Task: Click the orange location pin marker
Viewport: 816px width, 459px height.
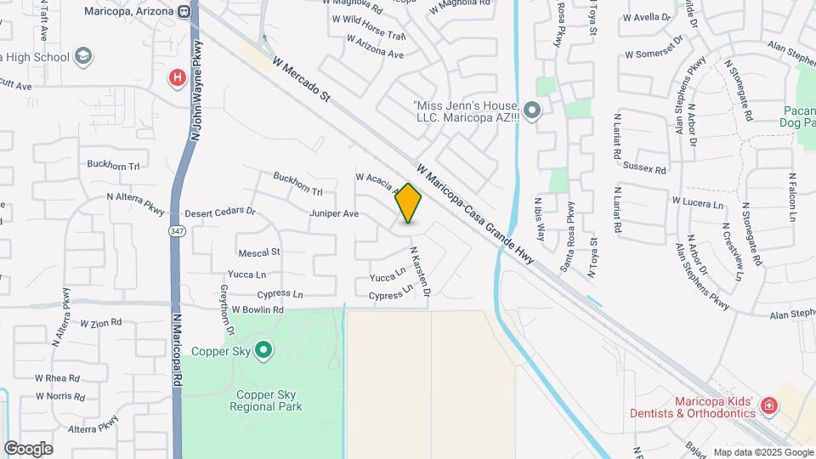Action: click(x=409, y=203)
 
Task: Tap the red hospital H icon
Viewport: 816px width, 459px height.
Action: click(x=177, y=79)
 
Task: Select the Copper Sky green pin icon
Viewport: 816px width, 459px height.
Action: click(x=263, y=350)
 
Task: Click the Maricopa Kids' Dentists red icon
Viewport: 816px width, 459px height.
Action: click(x=768, y=405)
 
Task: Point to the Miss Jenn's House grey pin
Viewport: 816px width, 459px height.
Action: click(x=532, y=110)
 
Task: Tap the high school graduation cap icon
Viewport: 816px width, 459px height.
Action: click(x=82, y=57)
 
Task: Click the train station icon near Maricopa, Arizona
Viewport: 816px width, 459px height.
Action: click(x=184, y=11)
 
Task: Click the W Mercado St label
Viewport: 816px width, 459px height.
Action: click(x=301, y=80)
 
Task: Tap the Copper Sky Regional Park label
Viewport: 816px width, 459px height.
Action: click(x=265, y=401)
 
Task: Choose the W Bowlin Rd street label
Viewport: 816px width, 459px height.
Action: click(x=257, y=310)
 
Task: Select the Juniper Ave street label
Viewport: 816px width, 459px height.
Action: click(x=334, y=214)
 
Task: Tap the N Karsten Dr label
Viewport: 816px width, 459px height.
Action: click(x=420, y=272)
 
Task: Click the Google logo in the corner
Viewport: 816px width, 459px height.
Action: click(x=28, y=449)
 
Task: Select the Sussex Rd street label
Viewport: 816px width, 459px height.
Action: click(x=644, y=168)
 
